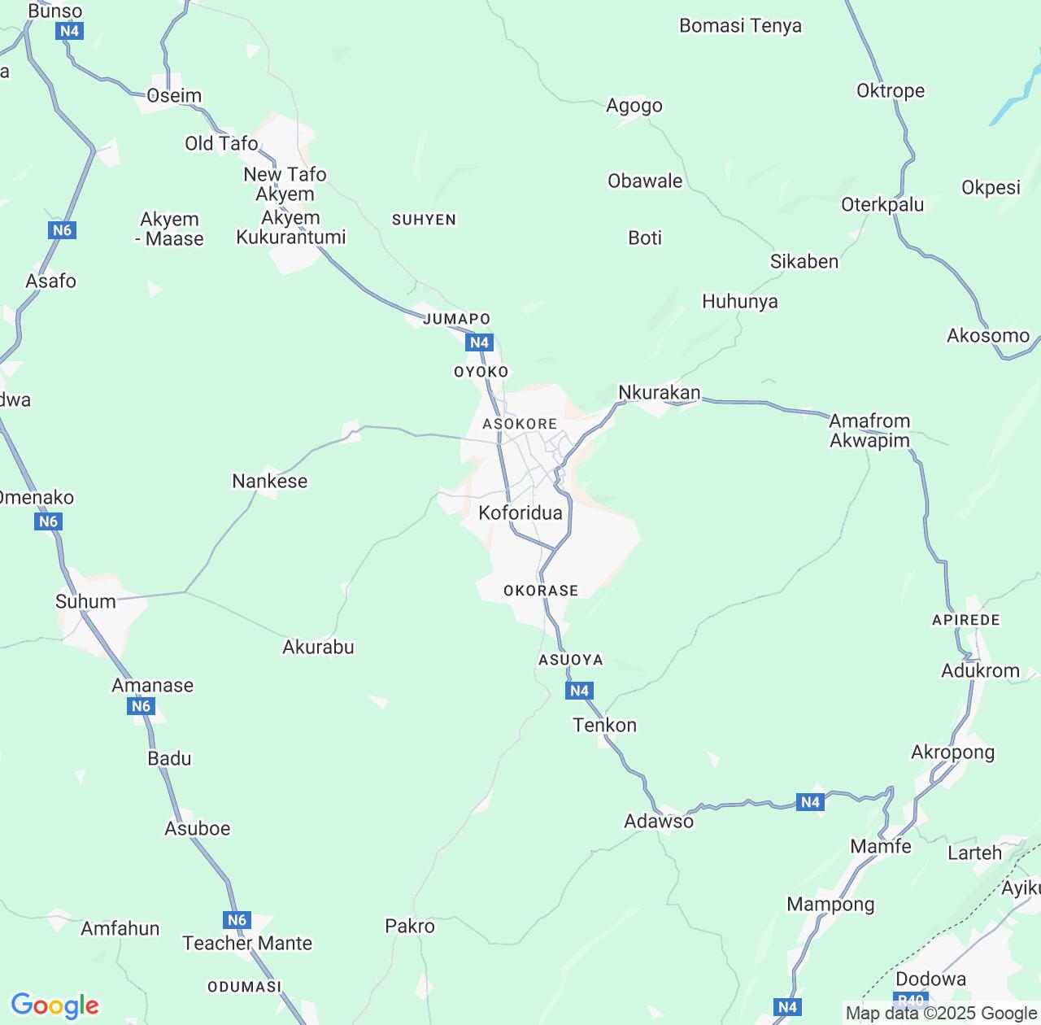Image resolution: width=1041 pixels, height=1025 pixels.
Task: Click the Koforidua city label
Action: pos(520,512)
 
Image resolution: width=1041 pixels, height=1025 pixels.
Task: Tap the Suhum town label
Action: pos(85,601)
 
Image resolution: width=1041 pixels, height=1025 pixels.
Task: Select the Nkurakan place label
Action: pos(659,392)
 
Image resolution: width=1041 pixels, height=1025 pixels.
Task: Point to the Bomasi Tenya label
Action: pos(740,25)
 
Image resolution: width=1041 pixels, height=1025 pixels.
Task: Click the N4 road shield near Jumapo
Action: pos(480,342)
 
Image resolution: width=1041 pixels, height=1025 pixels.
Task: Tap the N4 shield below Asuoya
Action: pos(579,691)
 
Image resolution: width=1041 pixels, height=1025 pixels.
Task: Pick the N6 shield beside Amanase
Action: pos(142,706)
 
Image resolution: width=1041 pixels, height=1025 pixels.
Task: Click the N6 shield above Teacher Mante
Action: pos(237,920)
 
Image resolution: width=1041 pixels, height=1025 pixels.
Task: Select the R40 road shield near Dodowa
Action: pos(910,1001)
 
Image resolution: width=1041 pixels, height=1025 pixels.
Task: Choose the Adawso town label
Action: pos(659,821)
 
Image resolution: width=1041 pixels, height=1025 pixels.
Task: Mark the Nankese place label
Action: pos(270,481)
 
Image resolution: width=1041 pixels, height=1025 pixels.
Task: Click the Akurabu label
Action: pos(318,647)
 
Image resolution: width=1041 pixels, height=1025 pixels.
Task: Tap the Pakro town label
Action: pos(410,926)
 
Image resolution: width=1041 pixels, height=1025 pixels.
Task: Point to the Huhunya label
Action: pos(740,301)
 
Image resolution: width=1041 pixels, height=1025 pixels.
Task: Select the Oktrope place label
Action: pos(891,90)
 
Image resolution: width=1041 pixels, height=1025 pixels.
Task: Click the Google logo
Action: pos(54,1005)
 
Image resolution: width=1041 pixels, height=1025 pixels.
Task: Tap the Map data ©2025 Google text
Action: pos(941,1013)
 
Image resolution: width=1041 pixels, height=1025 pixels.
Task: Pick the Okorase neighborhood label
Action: pos(541,591)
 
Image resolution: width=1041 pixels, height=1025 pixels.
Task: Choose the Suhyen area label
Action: pos(424,220)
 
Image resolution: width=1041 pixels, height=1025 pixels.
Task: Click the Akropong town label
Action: pos(952,752)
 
